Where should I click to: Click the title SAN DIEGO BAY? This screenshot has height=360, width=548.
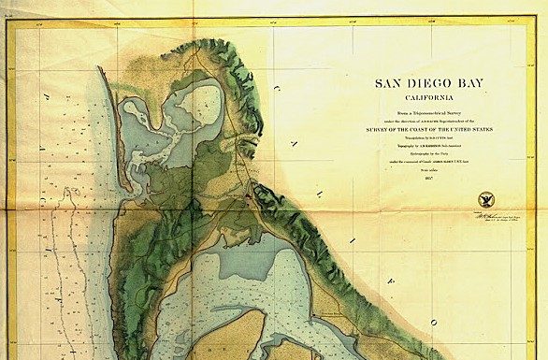click(x=437, y=82)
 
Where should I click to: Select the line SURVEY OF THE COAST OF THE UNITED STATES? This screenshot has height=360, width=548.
click(x=437, y=126)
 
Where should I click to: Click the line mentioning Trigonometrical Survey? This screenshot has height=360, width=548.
click(x=437, y=112)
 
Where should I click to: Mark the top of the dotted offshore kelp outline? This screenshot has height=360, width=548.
click(x=67, y=191)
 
